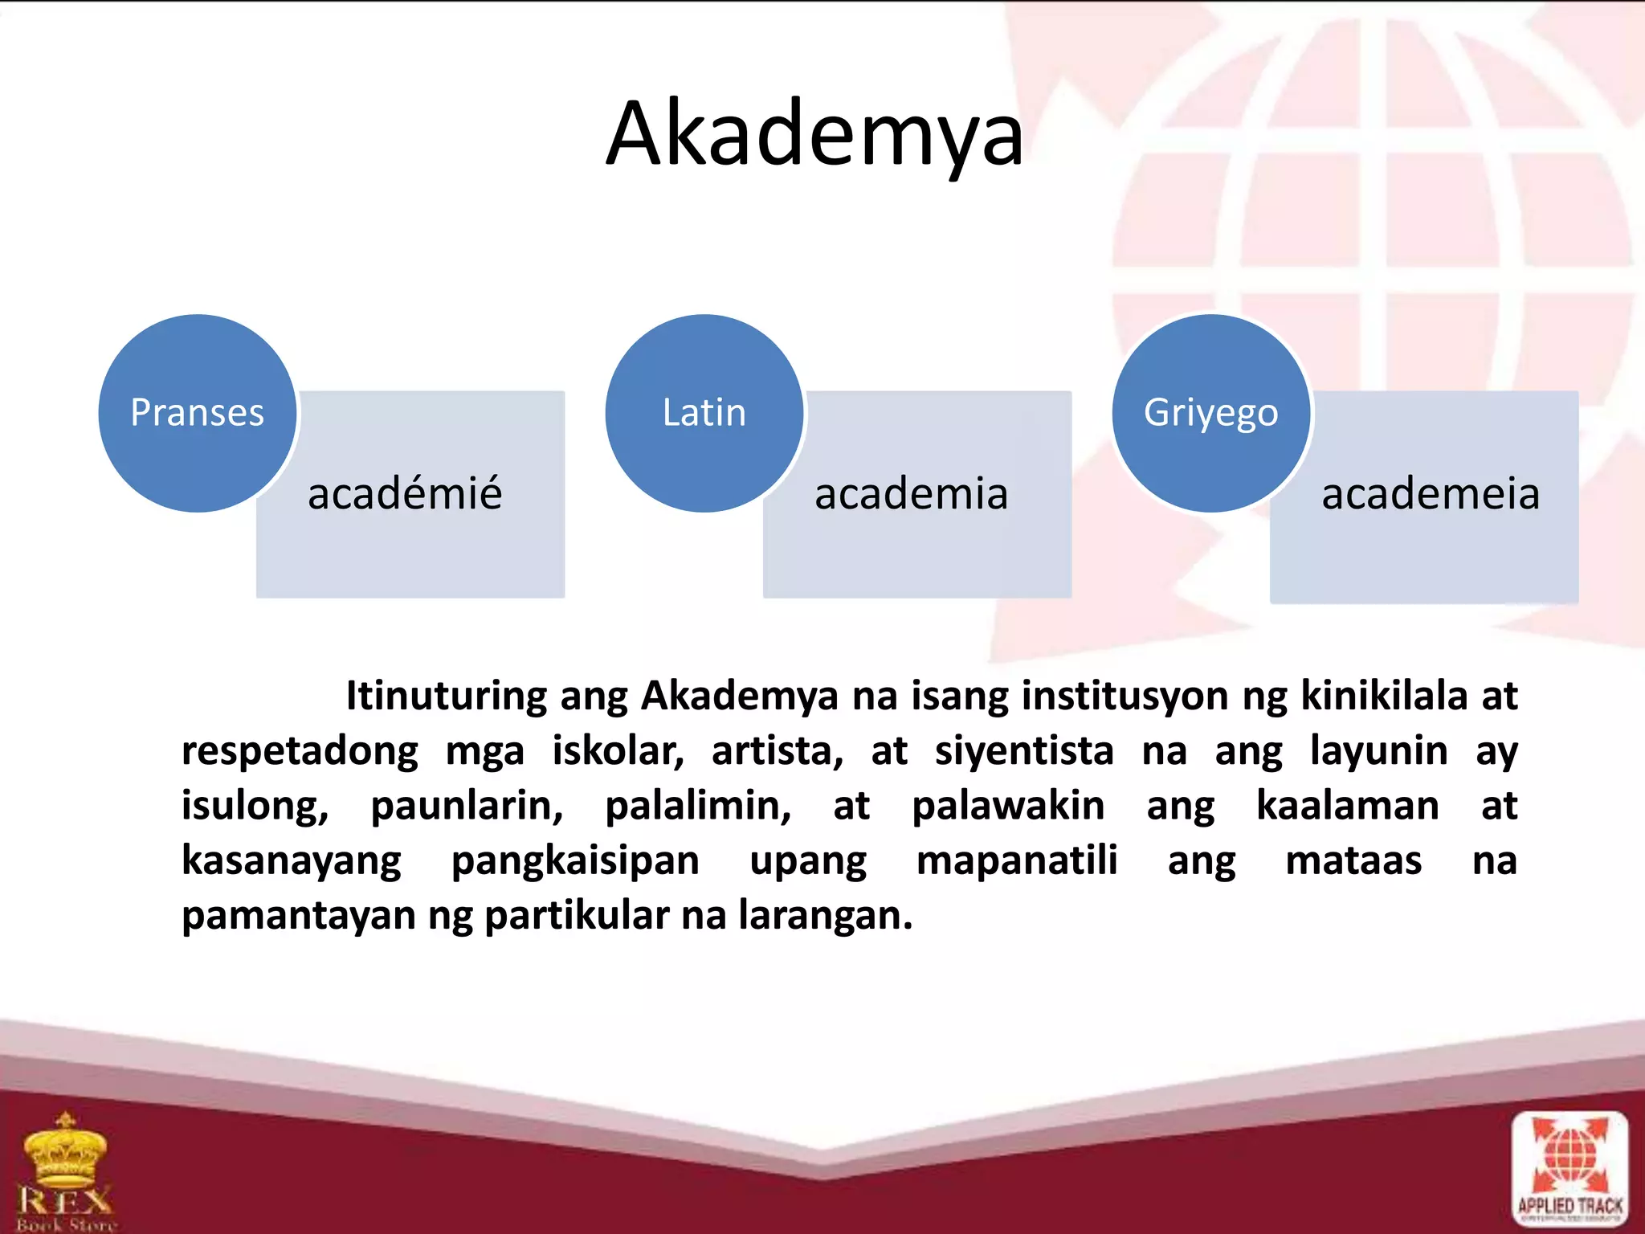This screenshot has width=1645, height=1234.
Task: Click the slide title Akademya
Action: [x=814, y=135]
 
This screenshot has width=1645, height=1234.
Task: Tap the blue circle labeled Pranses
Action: [x=198, y=413]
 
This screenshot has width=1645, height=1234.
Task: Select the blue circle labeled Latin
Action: [x=704, y=413]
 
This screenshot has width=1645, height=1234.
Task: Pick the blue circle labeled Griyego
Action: [x=1211, y=413]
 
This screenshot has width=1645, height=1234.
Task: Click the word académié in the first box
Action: [x=405, y=493]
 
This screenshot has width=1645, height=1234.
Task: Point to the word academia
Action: [x=911, y=493]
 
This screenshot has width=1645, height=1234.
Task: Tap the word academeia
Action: [x=1431, y=493]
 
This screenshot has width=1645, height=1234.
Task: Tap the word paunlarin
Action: [x=467, y=806]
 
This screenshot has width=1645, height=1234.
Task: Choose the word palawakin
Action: [x=1008, y=806]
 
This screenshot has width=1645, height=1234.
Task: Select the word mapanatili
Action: [x=1017, y=860]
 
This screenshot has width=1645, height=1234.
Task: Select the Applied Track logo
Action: [x=1569, y=1170]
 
